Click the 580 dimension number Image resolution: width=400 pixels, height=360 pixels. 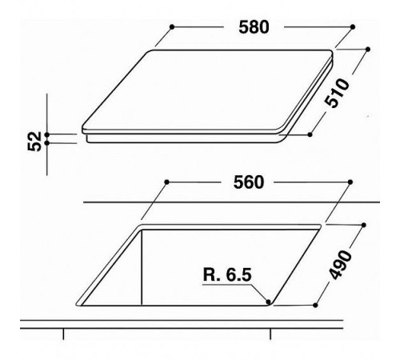click(x=254, y=27)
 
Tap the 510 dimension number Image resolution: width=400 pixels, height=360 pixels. click(x=337, y=93)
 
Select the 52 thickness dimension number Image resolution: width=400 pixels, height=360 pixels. click(x=34, y=142)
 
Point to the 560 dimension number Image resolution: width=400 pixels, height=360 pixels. click(x=249, y=182)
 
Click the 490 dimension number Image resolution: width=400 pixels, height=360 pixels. click(x=340, y=265)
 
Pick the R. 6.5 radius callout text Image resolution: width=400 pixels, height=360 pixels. click(x=227, y=274)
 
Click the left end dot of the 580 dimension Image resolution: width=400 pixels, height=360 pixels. click(x=172, y=27)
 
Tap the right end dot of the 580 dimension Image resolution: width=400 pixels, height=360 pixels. click(x=353, y=27)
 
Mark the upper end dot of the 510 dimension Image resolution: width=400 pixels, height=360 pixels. click(x=368, y=50)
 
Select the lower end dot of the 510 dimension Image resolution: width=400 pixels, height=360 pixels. click(x=310, y=134)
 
